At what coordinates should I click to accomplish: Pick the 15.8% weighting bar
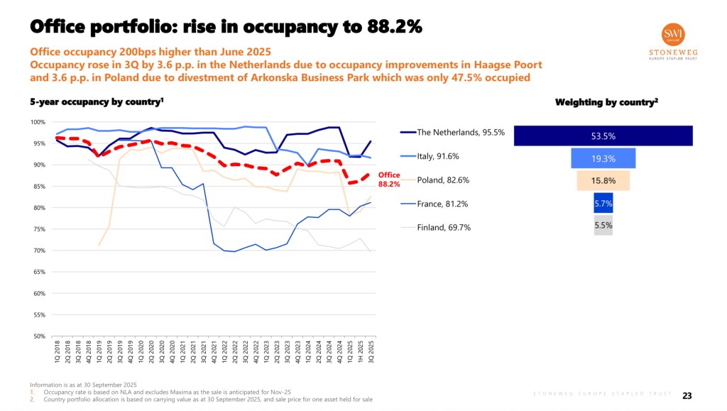(x=603, y=180)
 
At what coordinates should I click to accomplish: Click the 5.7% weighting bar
(x=603, y=204)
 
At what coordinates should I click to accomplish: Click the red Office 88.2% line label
(x=388, y=180)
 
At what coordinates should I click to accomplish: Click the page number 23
(x=687, y=395)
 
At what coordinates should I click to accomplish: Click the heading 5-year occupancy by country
(x=97, y=102)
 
